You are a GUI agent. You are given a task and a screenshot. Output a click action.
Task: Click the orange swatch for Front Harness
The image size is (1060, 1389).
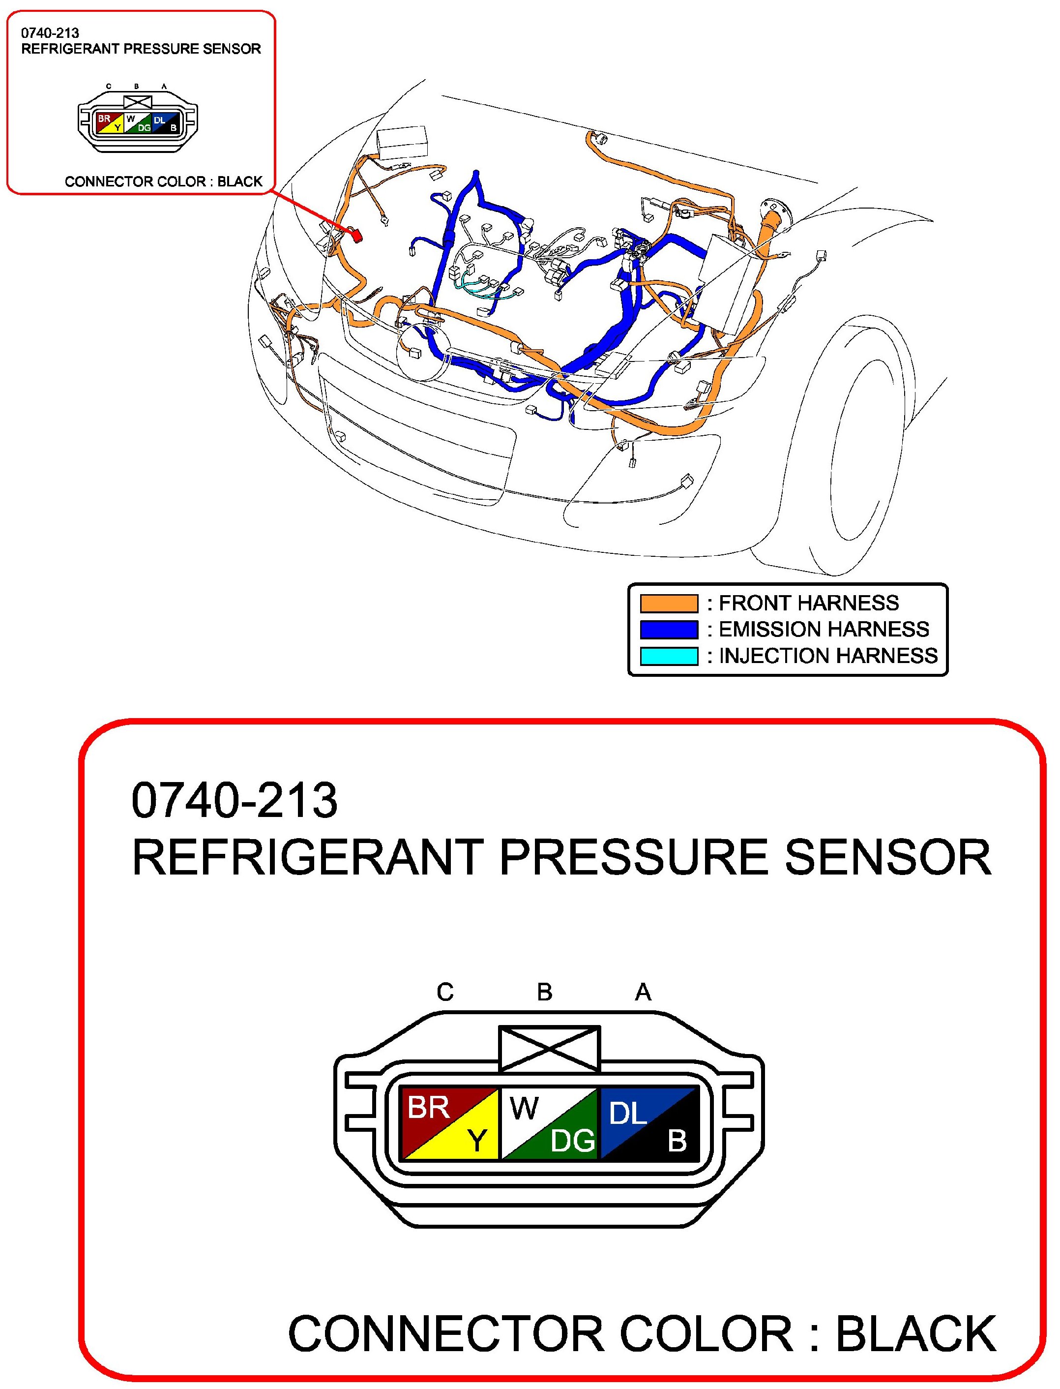[669, 604]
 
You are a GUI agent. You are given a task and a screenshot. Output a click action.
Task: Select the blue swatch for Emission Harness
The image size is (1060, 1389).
[669, 630]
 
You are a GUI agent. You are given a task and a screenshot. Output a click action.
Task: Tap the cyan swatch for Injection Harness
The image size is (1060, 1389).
[669, 656]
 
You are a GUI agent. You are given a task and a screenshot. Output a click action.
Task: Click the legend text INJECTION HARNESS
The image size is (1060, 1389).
[828, 656]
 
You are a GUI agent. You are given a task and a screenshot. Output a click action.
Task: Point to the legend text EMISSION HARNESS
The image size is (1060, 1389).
[824, 630]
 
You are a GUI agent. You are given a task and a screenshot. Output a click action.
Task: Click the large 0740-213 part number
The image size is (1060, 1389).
[235, 800]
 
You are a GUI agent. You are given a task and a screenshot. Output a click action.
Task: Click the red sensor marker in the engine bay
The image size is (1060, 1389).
[356, 236]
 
